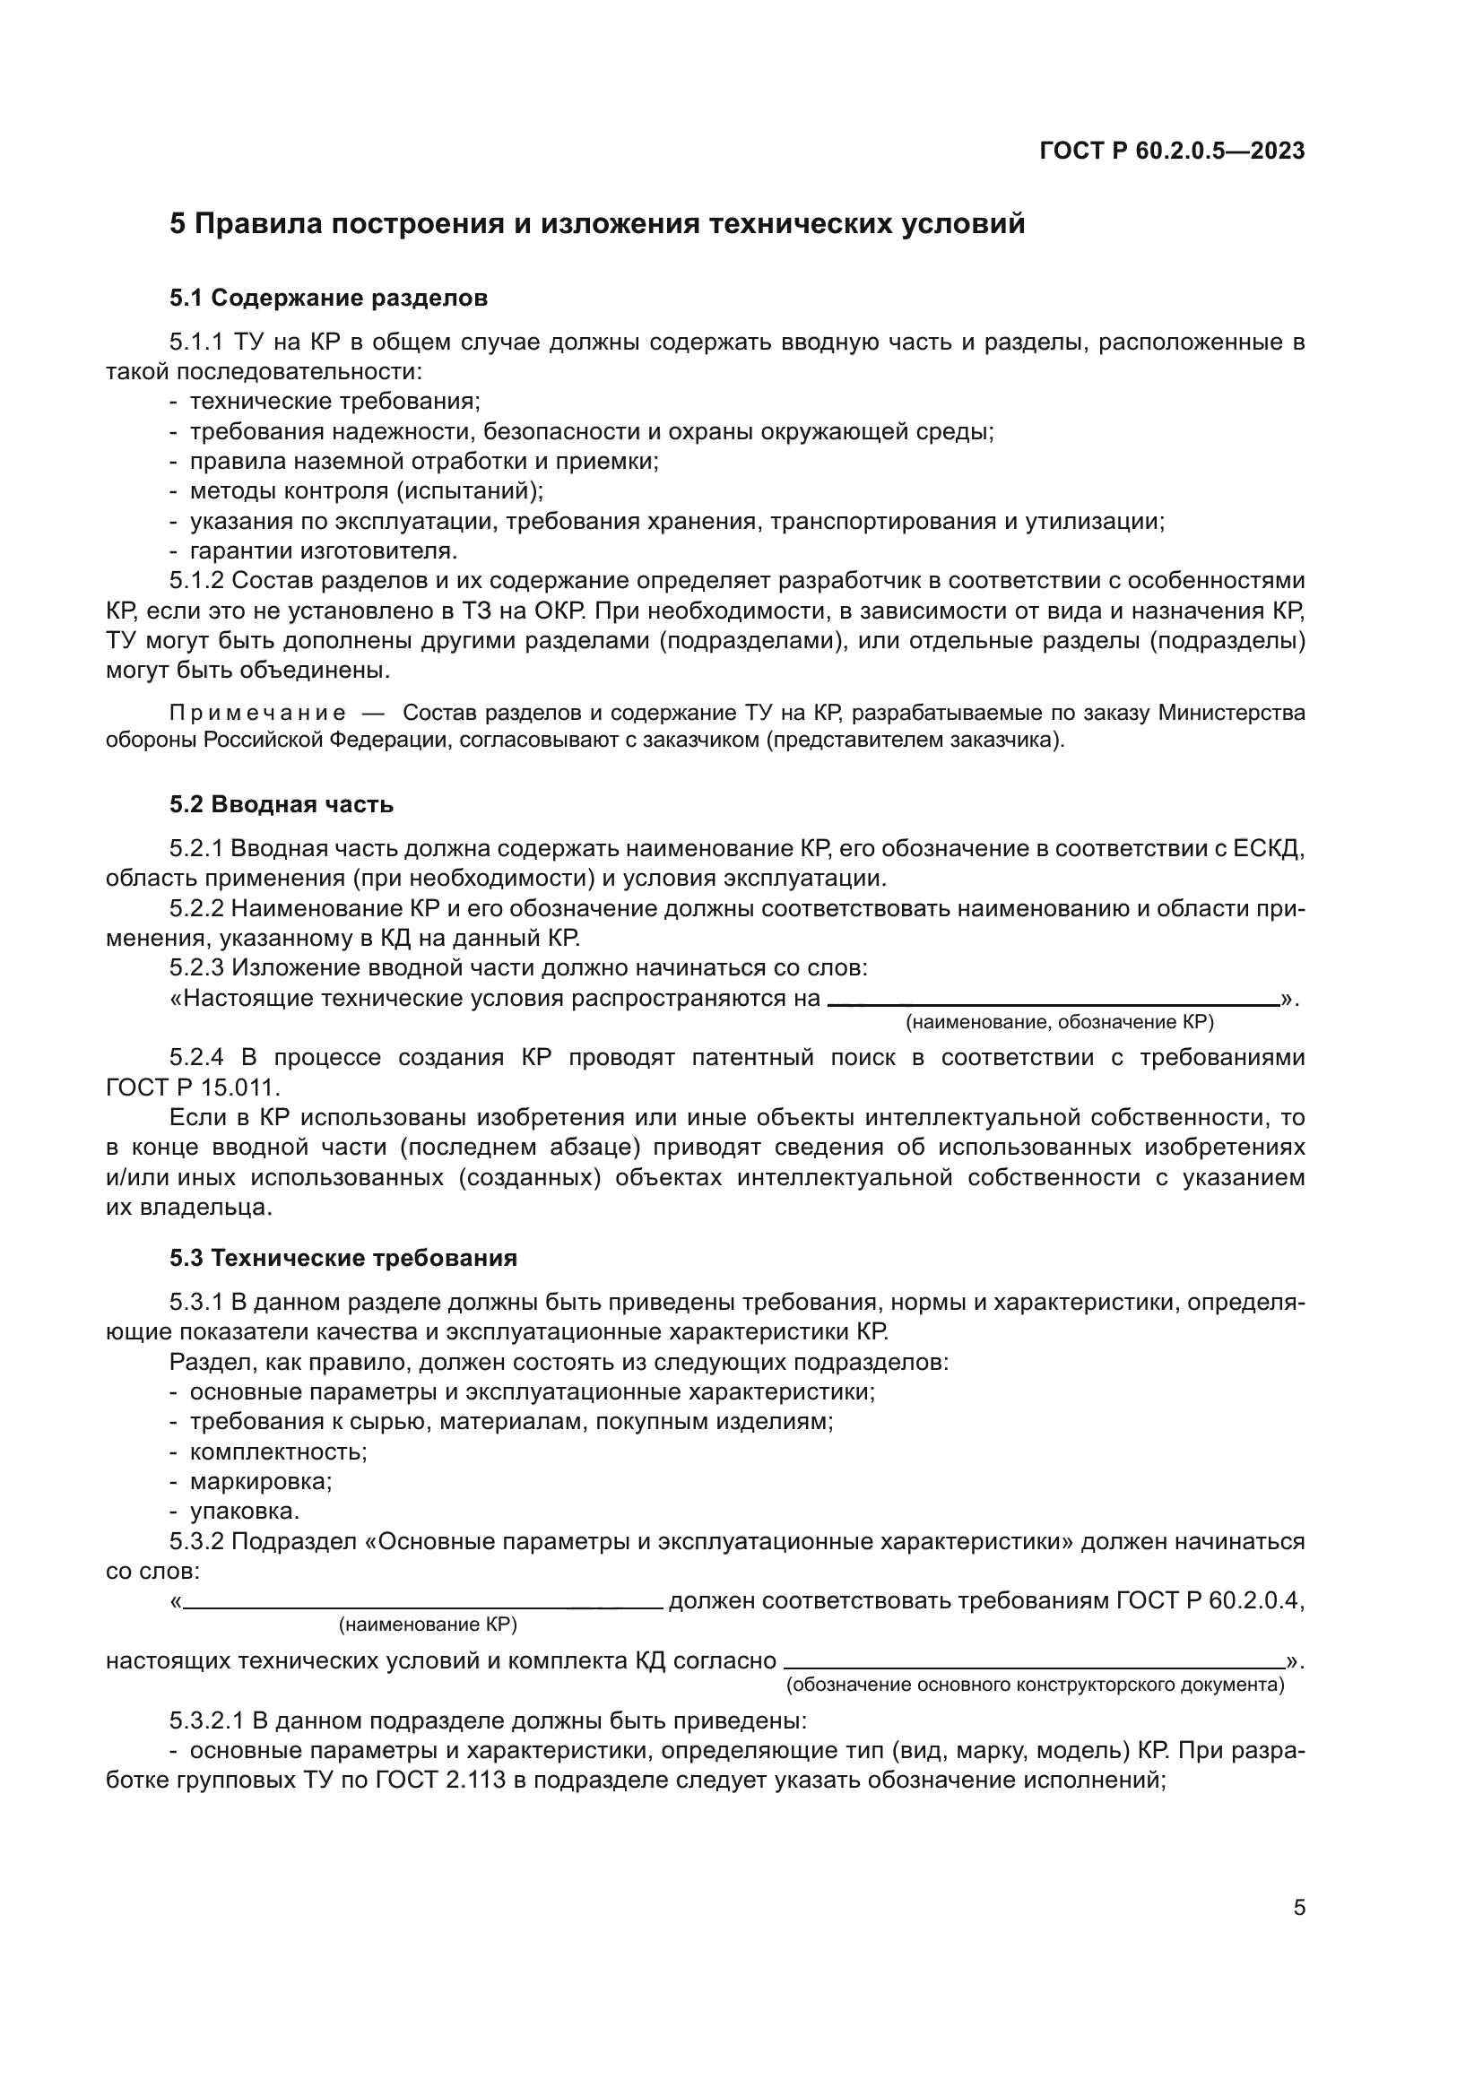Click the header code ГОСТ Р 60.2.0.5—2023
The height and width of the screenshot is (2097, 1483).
coord(1172,152)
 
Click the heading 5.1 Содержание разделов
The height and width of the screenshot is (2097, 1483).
coord(328,298)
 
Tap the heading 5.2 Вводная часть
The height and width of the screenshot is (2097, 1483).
coord(282,803)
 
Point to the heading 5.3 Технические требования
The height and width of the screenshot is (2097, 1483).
coord(343,1258)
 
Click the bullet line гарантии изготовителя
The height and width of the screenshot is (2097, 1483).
coord(324,550)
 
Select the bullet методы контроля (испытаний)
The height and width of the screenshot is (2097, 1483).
coord(365,490)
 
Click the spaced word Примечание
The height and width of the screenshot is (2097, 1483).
coord(257,713)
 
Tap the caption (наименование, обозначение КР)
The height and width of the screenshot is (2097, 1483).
coord(1059,1022)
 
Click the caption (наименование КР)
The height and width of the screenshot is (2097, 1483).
coord(428,1625)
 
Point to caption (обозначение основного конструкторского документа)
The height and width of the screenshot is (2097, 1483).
coord(1035,1685)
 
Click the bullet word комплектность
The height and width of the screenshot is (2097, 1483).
coord(278,1451)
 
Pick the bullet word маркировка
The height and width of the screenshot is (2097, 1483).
coord(260,1481)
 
